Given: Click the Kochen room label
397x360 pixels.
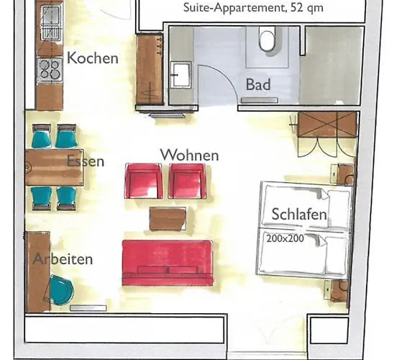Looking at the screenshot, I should coord(92,58).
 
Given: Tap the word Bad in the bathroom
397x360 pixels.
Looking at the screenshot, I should coord(258,85).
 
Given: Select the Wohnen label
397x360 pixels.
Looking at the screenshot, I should coord(189,155).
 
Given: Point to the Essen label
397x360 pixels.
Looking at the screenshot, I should coord(85,161).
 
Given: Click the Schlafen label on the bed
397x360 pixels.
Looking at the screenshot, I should coord(300,215).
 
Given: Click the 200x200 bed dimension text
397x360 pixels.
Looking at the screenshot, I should coord(283,238).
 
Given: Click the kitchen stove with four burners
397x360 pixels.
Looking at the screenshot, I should coord(49,70).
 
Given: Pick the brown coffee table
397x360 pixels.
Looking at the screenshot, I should coord(168,218).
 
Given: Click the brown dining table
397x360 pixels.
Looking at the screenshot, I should coord(54,167).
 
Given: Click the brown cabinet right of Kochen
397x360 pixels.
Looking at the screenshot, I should coord(150,70).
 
